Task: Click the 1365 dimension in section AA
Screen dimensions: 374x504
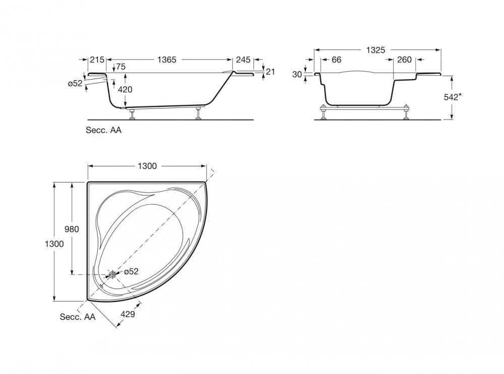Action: pos(166,59)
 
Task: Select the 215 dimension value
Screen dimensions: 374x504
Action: pos(96,59)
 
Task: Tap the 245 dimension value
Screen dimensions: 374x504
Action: pos(243,59)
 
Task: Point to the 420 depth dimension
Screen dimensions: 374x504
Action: pos(125,90)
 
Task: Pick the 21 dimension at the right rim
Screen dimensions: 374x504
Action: pos(270,72)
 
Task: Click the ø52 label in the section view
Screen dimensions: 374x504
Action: pos(75,83)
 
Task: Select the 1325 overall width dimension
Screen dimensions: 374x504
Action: pos(375,50)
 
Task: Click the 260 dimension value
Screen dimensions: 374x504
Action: pos(404,60)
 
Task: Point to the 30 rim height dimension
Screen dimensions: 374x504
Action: pos(297,74)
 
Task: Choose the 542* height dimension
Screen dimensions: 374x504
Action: pos(452,97)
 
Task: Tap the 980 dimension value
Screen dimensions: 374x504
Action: pos(72,229)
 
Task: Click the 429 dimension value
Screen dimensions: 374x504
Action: pos(127,315)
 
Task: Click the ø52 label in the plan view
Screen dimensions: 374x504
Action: pos(131,271)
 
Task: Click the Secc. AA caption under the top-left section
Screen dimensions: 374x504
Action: pos(104,130)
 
